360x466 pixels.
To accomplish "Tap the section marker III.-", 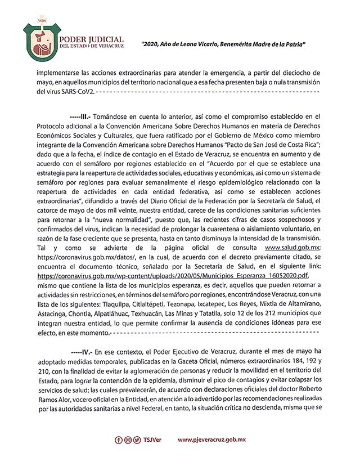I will pos(80,114).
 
